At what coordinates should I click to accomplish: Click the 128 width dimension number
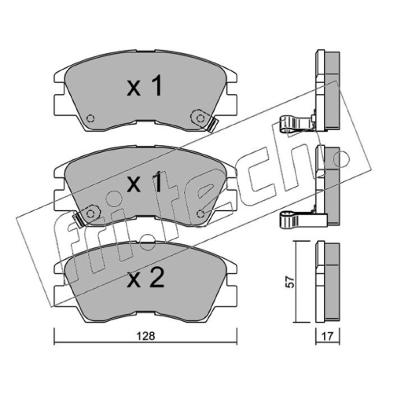pos(146,336)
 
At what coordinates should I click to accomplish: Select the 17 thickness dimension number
pos(327,337)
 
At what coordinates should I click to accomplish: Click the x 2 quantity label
pos(145,278)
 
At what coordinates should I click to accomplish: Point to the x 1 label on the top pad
pos(145,87)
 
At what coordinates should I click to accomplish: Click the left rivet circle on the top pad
pos(90,118)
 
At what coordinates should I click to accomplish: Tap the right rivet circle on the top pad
pos(200,118)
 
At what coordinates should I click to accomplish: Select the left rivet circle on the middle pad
pos(90,214)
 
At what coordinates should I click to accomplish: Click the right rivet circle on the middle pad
pos(200,214)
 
